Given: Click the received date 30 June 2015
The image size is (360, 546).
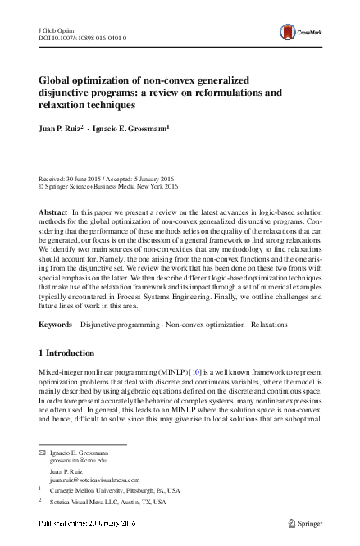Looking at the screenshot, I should [x=80, y=178].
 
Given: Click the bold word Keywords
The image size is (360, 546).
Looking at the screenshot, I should [x=57, y=325].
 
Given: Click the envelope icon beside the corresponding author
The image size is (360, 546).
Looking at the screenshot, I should [x=42, y=453].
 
